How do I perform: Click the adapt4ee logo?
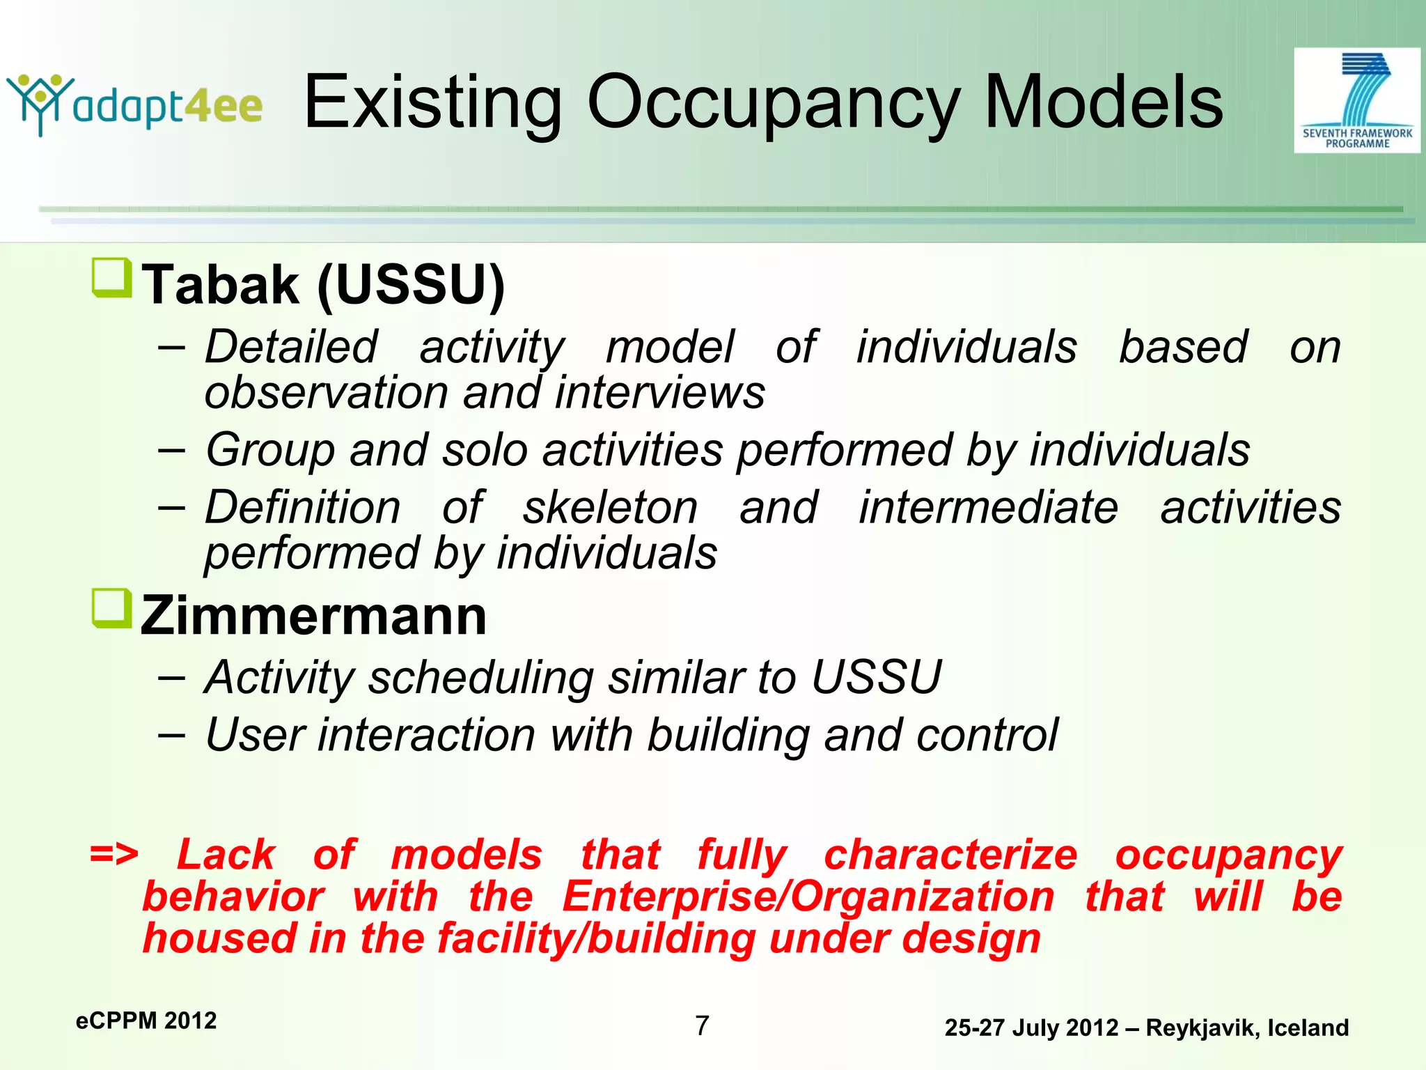tap(134, 104)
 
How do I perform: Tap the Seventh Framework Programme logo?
tap(1356, 100)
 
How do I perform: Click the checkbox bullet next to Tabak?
tap(111, 277)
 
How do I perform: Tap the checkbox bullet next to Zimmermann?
tap(111, 608)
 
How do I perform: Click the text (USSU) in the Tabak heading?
tap(411, 286)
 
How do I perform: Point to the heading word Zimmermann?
tap(313, 617)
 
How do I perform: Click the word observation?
tap(326, 392)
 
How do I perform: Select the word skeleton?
tap(610, 507)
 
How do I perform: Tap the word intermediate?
tap(988, 507)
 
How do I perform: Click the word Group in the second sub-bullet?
tap(270, 451)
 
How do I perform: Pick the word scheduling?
tap(480, 678)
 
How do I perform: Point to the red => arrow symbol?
tap(114, 853)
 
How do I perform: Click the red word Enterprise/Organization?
tap(808, 897)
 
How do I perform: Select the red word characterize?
tap(950, 855)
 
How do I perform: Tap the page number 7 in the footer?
tap(702, 1025)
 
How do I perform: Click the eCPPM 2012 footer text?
tap(146, 1021)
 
